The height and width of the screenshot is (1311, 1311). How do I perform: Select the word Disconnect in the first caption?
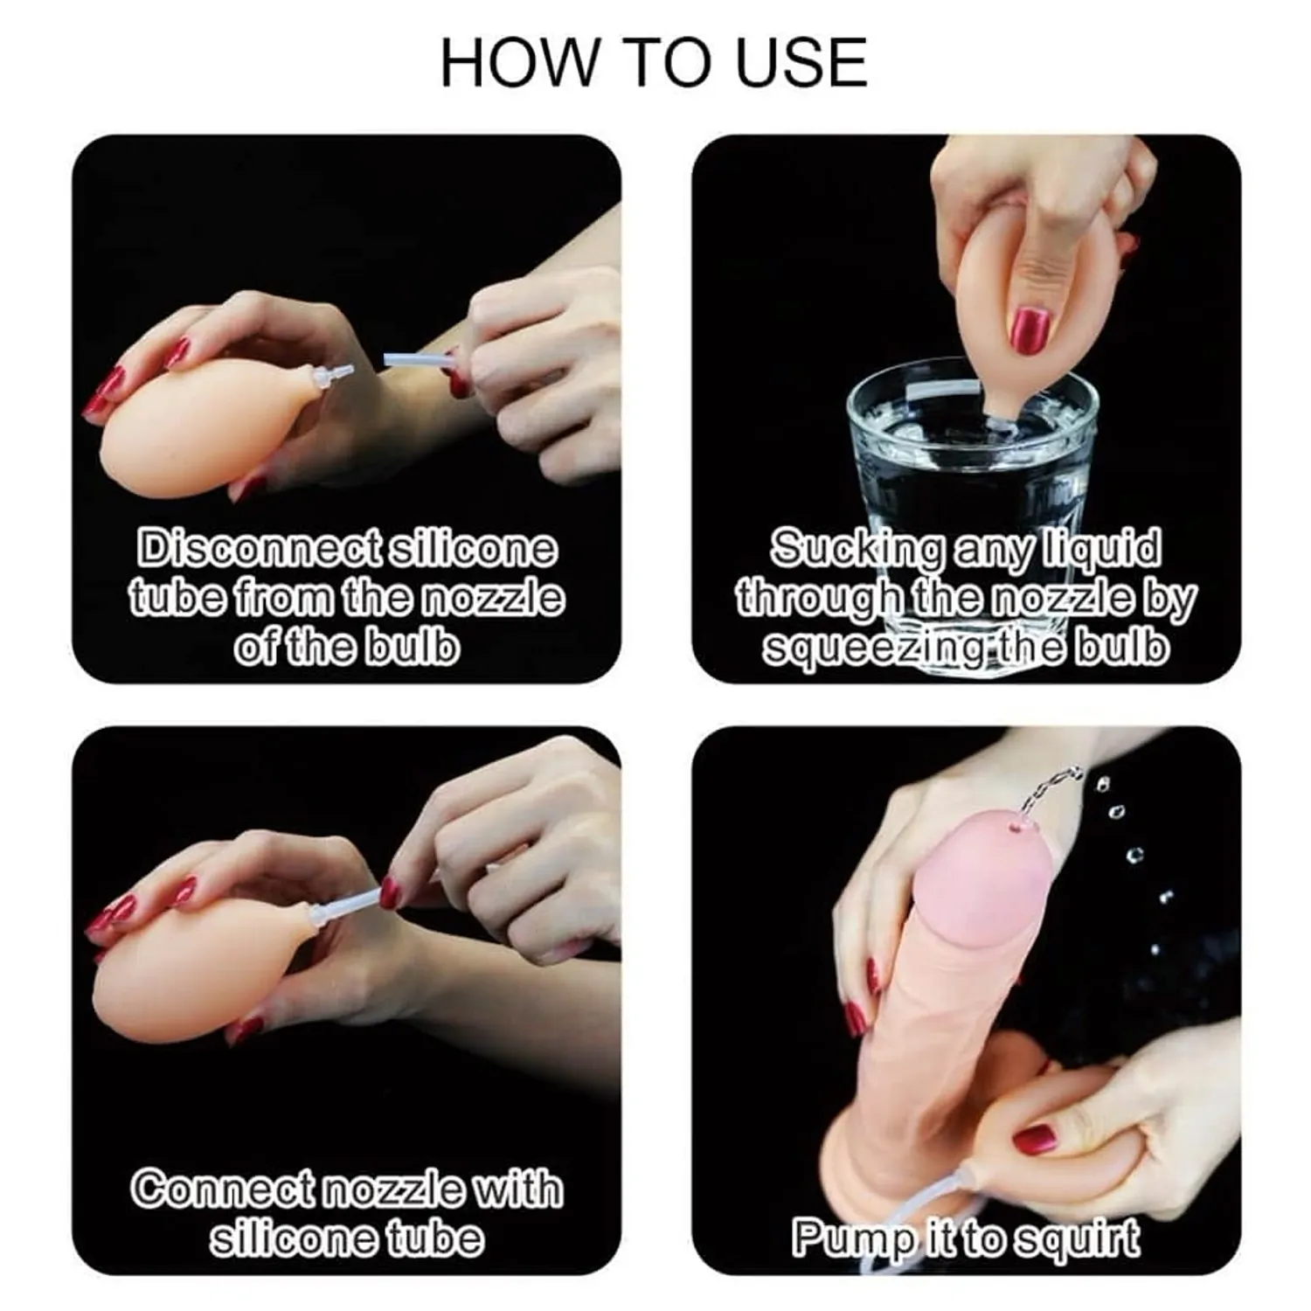(x=260, y=549)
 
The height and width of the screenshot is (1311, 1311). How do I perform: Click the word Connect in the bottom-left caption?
(x=222, y=1190)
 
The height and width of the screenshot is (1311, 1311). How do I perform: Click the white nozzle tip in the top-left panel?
(x=337, y=377)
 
